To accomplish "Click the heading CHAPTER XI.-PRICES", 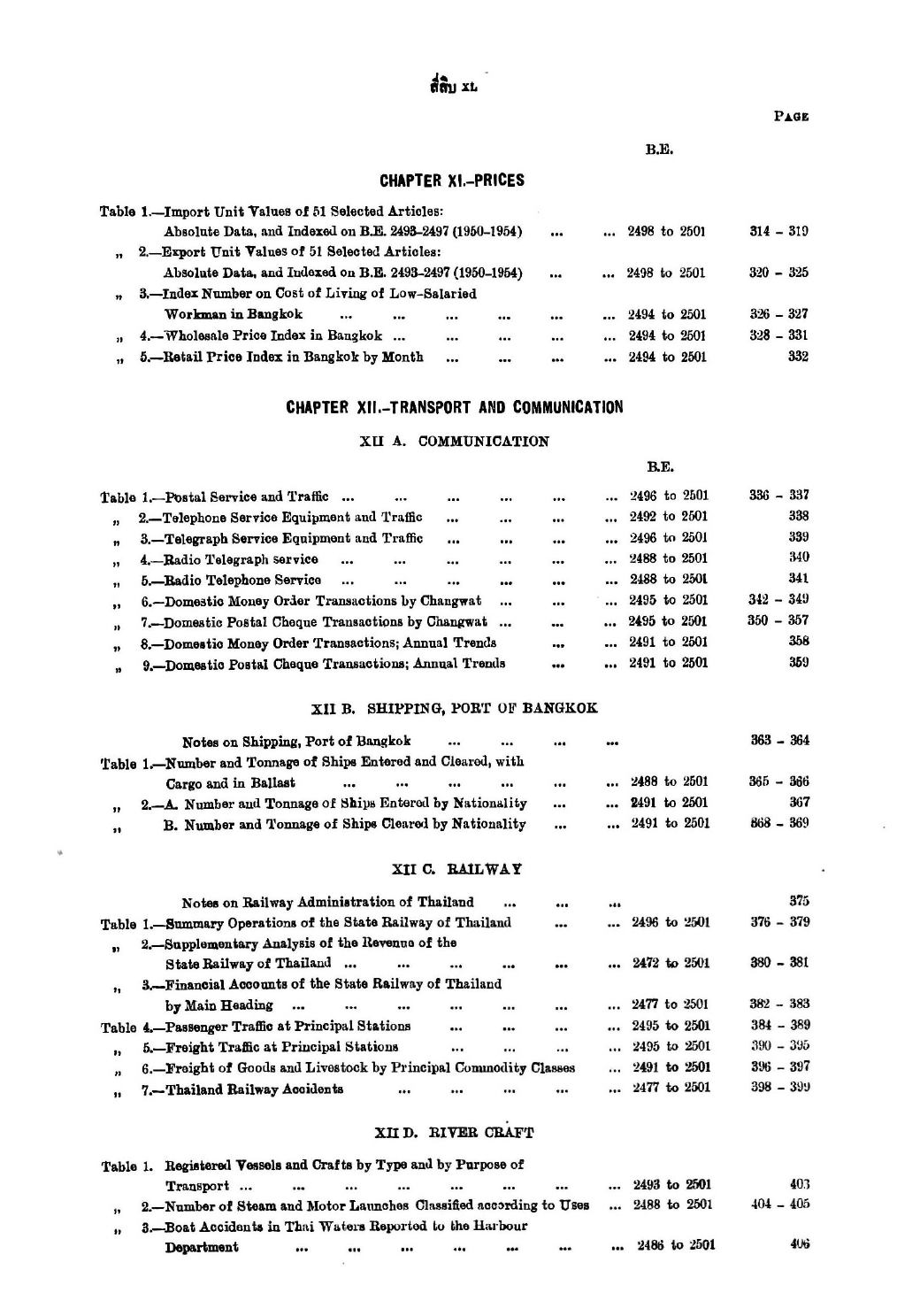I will click(451, 181).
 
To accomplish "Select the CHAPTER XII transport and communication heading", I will click(454, 407).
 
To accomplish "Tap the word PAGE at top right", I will click(792, 116).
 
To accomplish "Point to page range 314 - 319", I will click(778, 232).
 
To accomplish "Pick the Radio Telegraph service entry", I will click(231, 558).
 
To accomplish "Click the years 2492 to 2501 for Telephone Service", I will click(668, 516).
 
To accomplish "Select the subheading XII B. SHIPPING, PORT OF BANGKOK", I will click(456, 708).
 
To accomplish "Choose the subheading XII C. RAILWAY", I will click(456, 869).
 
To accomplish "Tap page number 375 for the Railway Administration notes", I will click(799, 901).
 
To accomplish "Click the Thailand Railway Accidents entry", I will click(243, 1089).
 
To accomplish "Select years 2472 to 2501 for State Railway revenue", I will click(670, 963).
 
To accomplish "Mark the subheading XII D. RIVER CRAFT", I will click(456, 1132).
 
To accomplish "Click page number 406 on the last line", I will click(799, 1243).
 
